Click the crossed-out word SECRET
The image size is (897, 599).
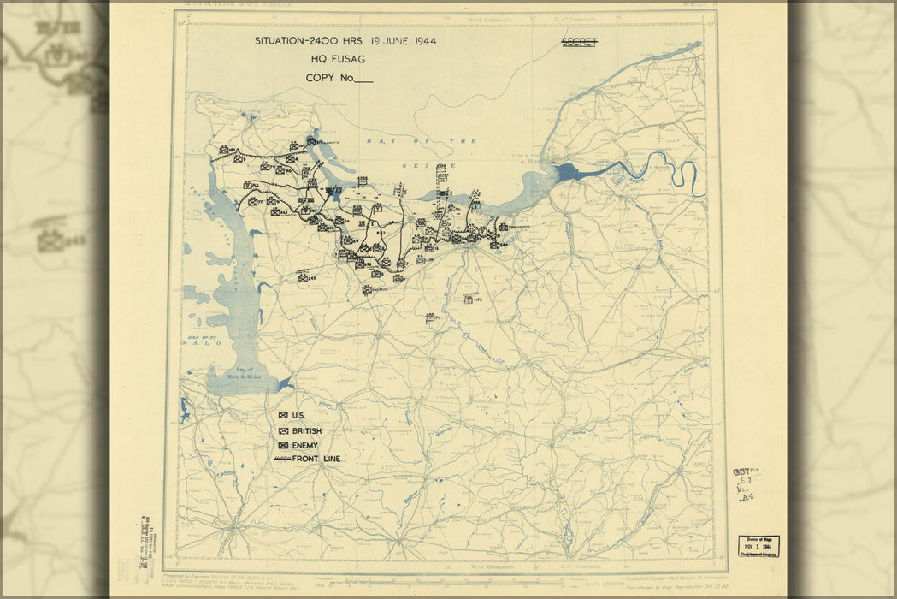point(579,41)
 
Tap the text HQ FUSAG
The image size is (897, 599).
point(336,60)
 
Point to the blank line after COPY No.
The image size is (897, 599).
point(363,80)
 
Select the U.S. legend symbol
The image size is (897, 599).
point(283,416)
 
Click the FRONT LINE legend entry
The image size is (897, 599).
point(307,460)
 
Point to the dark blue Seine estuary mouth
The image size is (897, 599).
point(571,172)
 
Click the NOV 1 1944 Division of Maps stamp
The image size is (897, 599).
point(758,546)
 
